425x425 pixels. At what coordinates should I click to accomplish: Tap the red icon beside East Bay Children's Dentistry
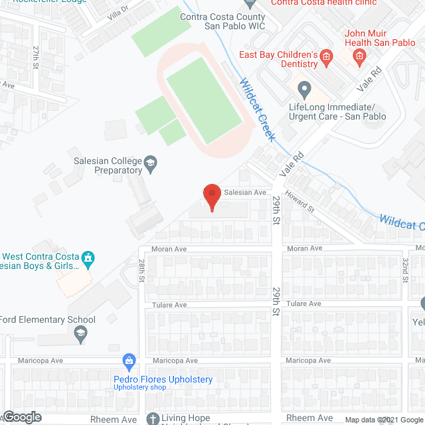(x=326, y=58)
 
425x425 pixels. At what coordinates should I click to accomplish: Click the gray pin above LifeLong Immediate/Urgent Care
(x=305, y=88)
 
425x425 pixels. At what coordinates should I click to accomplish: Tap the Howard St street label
(x=300, y=202)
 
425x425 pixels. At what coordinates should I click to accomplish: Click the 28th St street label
(x=141, y=272)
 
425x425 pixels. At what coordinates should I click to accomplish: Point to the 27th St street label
(x=37, y=56)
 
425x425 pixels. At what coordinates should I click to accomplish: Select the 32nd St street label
(x=404, y=270)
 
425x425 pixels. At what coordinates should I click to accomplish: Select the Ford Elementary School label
(x=48, y=319)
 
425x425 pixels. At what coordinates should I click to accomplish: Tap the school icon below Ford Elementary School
(x=81, y=333)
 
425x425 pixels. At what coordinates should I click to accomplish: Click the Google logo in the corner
(x=21, y=417)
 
